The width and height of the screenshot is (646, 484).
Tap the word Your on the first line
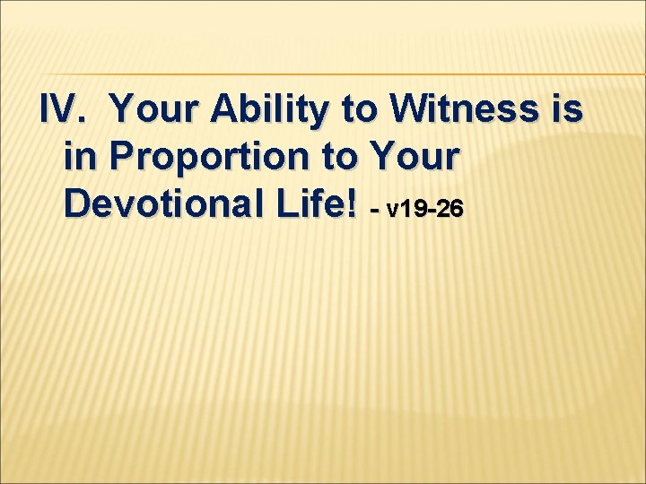coord(153,112)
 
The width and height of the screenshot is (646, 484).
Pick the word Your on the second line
coord(411,158)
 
